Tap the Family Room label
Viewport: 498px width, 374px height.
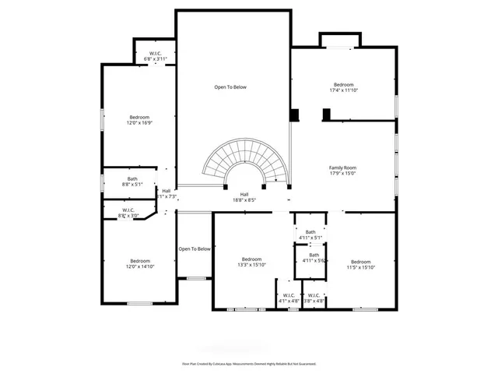click(342, 168)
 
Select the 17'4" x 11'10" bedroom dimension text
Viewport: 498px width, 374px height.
click(344, 90)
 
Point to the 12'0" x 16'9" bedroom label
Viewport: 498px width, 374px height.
click(139, 122)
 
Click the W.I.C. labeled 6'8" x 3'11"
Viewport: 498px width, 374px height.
click(156, 56)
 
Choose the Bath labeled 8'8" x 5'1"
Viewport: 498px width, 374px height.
click(133, 182)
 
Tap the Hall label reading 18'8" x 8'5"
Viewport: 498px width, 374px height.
click(244, 197)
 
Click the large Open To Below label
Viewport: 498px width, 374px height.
click(230, 87)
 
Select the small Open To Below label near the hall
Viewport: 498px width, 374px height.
click(195, 249)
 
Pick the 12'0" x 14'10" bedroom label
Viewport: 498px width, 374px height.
click(140, 264)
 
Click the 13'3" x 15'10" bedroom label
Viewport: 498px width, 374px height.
click(251, 263)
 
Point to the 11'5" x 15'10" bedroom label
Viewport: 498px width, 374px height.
click(360, 265)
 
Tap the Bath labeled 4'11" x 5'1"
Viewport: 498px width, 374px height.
click(310, 235)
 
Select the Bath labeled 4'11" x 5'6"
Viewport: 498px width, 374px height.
click(314, 257)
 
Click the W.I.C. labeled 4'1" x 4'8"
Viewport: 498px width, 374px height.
click(288, 298)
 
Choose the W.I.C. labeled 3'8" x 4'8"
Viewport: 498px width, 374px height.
click(314, 298)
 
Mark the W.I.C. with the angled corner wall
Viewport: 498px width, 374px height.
click(128, 212)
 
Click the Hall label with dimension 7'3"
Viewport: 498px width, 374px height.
click(166, 193)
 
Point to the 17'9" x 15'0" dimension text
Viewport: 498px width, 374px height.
click(342, 174)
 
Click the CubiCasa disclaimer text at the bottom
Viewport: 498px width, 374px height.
click(248, 363)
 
